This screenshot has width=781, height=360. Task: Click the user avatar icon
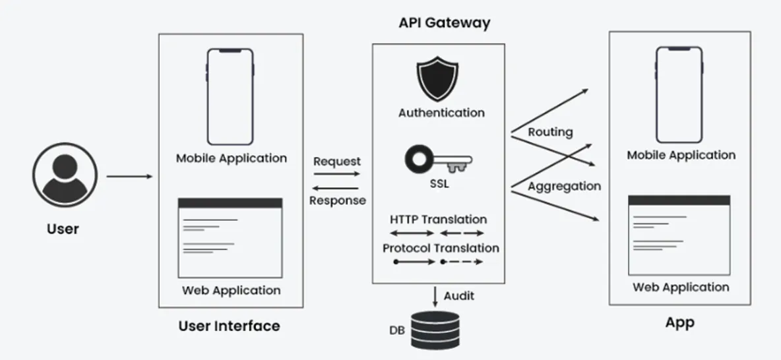point(65,177)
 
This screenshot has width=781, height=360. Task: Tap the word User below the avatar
point(63,229)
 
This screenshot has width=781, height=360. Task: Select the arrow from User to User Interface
point(129,177)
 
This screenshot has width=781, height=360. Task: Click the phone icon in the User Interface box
point(230,96)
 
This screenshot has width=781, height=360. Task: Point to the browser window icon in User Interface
point(230,237)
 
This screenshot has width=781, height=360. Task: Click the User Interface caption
point(229,326)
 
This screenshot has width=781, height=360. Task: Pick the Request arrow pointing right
point(336,174)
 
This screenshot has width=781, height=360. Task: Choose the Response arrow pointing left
point(336,187)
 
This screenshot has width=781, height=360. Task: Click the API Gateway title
point(444,23)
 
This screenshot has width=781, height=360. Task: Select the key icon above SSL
point(439,160)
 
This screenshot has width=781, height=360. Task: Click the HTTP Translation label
point(438,220)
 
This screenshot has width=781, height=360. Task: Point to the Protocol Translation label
point(441,249)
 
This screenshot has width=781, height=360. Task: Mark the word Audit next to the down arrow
point(458,296)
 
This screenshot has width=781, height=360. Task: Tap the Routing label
point(550,132)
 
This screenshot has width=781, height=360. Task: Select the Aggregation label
point(564,186)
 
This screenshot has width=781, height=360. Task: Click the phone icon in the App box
point(679,95)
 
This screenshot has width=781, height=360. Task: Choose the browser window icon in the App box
point(679,235)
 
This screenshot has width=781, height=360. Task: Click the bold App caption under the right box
point(679,323)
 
